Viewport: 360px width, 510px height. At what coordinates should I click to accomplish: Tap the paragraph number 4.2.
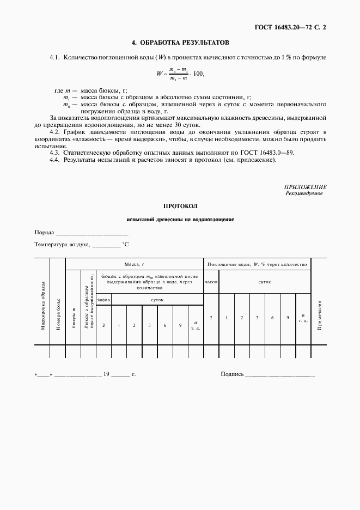pyautogui.click(x=54, y=132)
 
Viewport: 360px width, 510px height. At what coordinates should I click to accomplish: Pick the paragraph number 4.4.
pyautogui.click(x=54, y=160)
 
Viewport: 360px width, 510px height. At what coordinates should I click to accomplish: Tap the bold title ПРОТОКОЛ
pyautogui.click(x=180, y=207)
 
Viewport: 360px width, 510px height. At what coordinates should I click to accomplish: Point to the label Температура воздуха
pyautogui.click(x=62, y=245)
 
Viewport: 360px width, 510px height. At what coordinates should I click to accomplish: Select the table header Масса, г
pyautogui.click(x=134, y=264)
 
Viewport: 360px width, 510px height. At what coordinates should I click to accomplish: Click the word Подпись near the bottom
pyautogui.click(x=233, y=374)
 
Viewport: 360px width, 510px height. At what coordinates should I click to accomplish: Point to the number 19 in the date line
pyautogui.click(x=107, y=374)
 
